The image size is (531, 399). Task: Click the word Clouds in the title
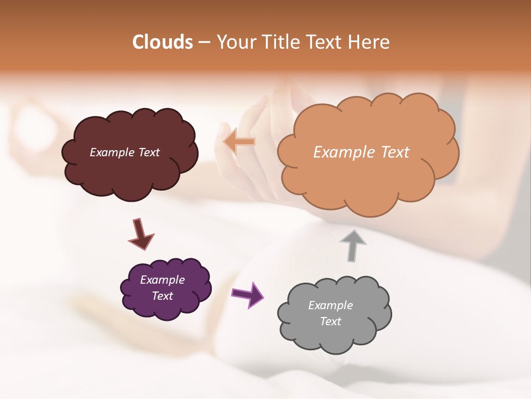pos(163,42)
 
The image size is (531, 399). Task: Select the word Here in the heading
pos(369,42)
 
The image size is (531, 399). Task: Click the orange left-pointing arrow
pos(240,141)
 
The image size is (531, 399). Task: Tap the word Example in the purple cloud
pos(163,280)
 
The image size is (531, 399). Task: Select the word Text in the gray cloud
pos(330,321)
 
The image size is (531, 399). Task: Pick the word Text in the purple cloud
pos(163,296)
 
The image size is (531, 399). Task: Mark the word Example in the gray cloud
pos(330,305)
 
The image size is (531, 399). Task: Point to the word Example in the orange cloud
pos(343,152)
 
